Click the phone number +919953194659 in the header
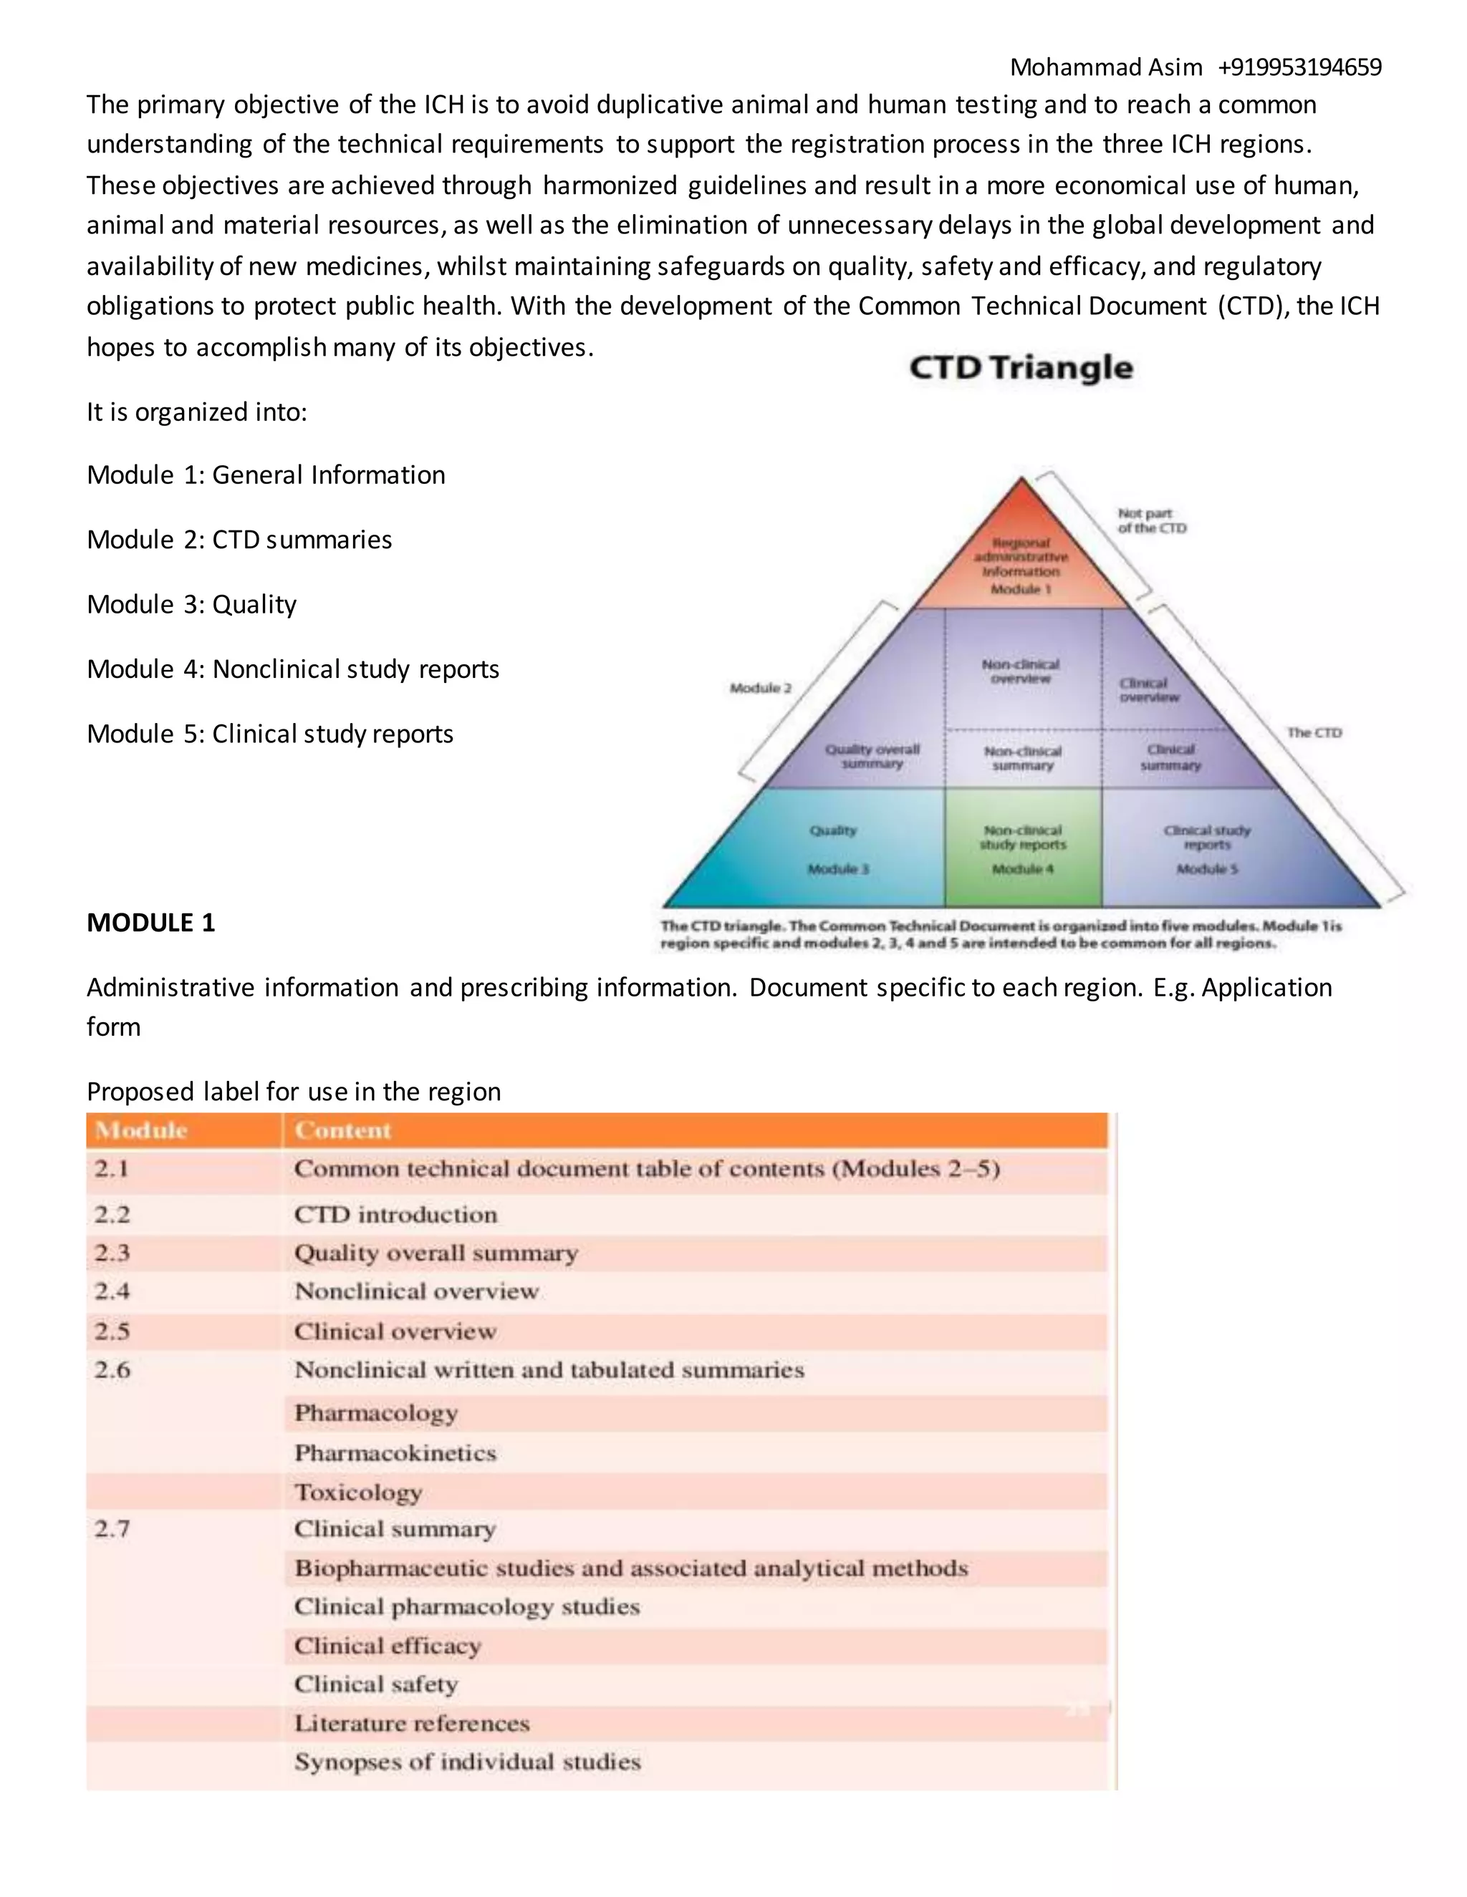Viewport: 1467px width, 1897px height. point(1299,67)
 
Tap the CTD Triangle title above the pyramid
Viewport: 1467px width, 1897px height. point(1021,367)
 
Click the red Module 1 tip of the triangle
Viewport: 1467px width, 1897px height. point(1022,561)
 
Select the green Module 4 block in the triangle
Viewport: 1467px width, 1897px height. point(1023,847)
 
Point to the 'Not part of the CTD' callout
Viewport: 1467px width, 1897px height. point(1152,520)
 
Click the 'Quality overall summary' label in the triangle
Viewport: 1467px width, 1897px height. point(872,756)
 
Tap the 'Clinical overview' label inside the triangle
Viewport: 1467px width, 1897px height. point(1148,689)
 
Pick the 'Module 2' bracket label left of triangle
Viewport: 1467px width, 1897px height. point(761,688)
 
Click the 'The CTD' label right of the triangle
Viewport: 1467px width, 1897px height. point(1314,732)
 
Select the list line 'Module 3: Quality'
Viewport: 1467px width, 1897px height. point(192,605)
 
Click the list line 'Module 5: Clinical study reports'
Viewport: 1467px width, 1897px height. point(270,734)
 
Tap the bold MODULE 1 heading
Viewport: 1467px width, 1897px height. point(150,923)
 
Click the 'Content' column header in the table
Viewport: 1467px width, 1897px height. point(342,1130)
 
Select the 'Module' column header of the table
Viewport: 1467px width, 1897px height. point(141,1130)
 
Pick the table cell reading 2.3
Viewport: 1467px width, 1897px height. point(112,1253)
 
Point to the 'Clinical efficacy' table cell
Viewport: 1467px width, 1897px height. point(388,1645)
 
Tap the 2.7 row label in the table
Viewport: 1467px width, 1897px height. point(112,1529)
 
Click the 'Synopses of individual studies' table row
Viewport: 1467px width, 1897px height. point(468,1762)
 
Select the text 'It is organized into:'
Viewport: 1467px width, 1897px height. point(197,412)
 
